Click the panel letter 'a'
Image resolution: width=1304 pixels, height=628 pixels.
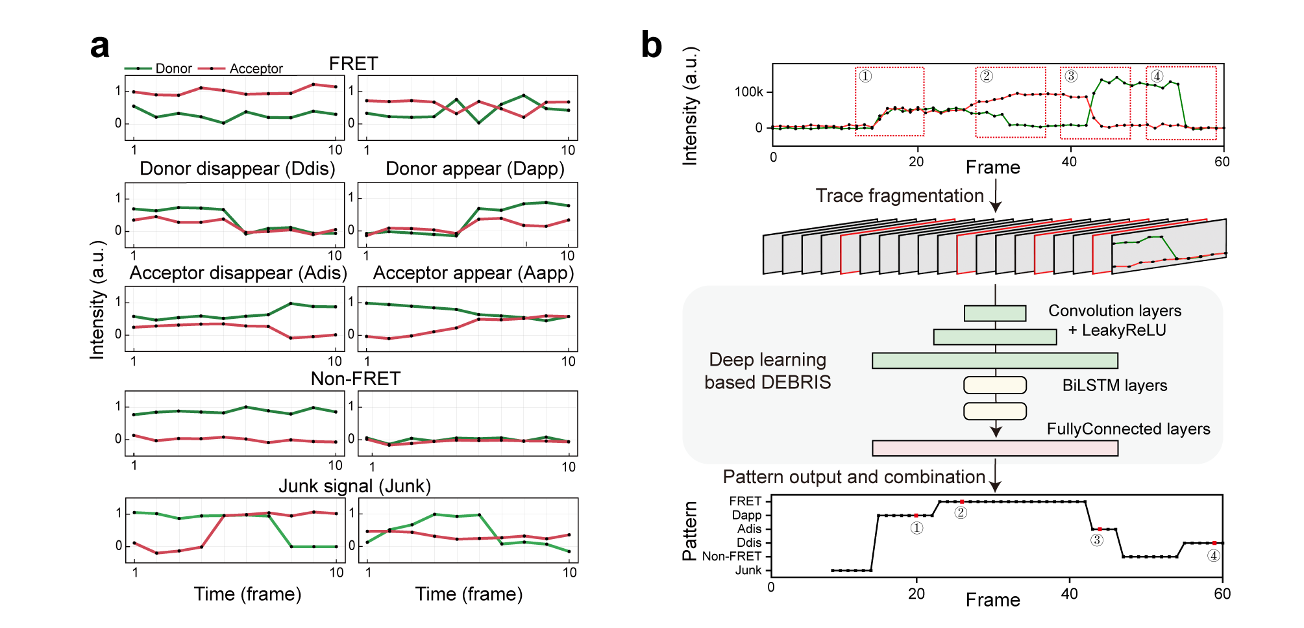coord(100,47)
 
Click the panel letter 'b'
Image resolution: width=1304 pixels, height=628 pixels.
coord(651,45)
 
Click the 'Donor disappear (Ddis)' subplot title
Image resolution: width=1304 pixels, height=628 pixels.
coord(237,169)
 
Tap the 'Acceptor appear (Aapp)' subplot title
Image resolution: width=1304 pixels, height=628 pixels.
coord(473,273)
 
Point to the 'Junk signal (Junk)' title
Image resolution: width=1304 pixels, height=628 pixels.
coord(354,486)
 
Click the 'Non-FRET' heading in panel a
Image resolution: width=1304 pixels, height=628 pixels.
coord(355,379)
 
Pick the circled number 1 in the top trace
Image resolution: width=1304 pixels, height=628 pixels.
coord(865,76)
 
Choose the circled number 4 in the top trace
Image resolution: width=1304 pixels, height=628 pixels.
coord(1157,76)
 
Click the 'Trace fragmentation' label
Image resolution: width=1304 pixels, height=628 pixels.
coord(900,195)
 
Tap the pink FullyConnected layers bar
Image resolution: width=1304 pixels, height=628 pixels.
coord(994,448)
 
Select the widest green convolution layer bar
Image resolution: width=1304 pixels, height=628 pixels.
coord(994,360)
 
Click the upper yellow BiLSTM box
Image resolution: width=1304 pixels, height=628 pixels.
coord(994,385)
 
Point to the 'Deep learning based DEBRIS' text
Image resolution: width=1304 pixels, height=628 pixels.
coord(767,371)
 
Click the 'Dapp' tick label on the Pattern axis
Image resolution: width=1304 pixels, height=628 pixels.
coord(746,515)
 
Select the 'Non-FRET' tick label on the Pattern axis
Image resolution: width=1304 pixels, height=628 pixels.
coord(732,557)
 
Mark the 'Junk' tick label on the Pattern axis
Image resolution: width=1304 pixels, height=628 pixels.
coord(748,570)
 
